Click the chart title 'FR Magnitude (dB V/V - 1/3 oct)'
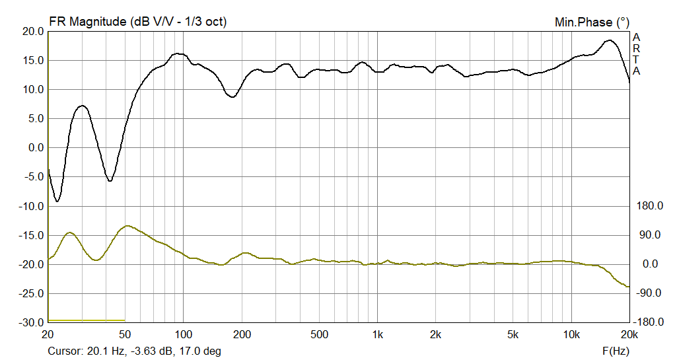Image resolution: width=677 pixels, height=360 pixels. [138, 21]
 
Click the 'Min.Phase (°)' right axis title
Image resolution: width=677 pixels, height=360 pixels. [592, 22]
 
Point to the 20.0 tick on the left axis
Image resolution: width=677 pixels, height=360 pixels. [33, 32]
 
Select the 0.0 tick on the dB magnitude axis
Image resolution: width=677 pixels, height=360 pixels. [36, 148]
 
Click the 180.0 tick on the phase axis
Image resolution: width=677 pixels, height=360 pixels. [649, 206]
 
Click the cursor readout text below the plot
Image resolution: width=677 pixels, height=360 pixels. [134, 351]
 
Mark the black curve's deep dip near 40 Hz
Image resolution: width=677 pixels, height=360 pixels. [110, 180]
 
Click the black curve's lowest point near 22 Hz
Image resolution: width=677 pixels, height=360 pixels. [57, 201]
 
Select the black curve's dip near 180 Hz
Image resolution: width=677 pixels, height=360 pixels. [232, 97]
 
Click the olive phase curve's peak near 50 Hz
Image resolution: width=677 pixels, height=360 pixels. [127, 226]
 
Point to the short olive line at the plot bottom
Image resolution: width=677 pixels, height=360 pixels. [86, 320]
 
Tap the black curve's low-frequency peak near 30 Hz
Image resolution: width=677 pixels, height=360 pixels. [82, 106]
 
